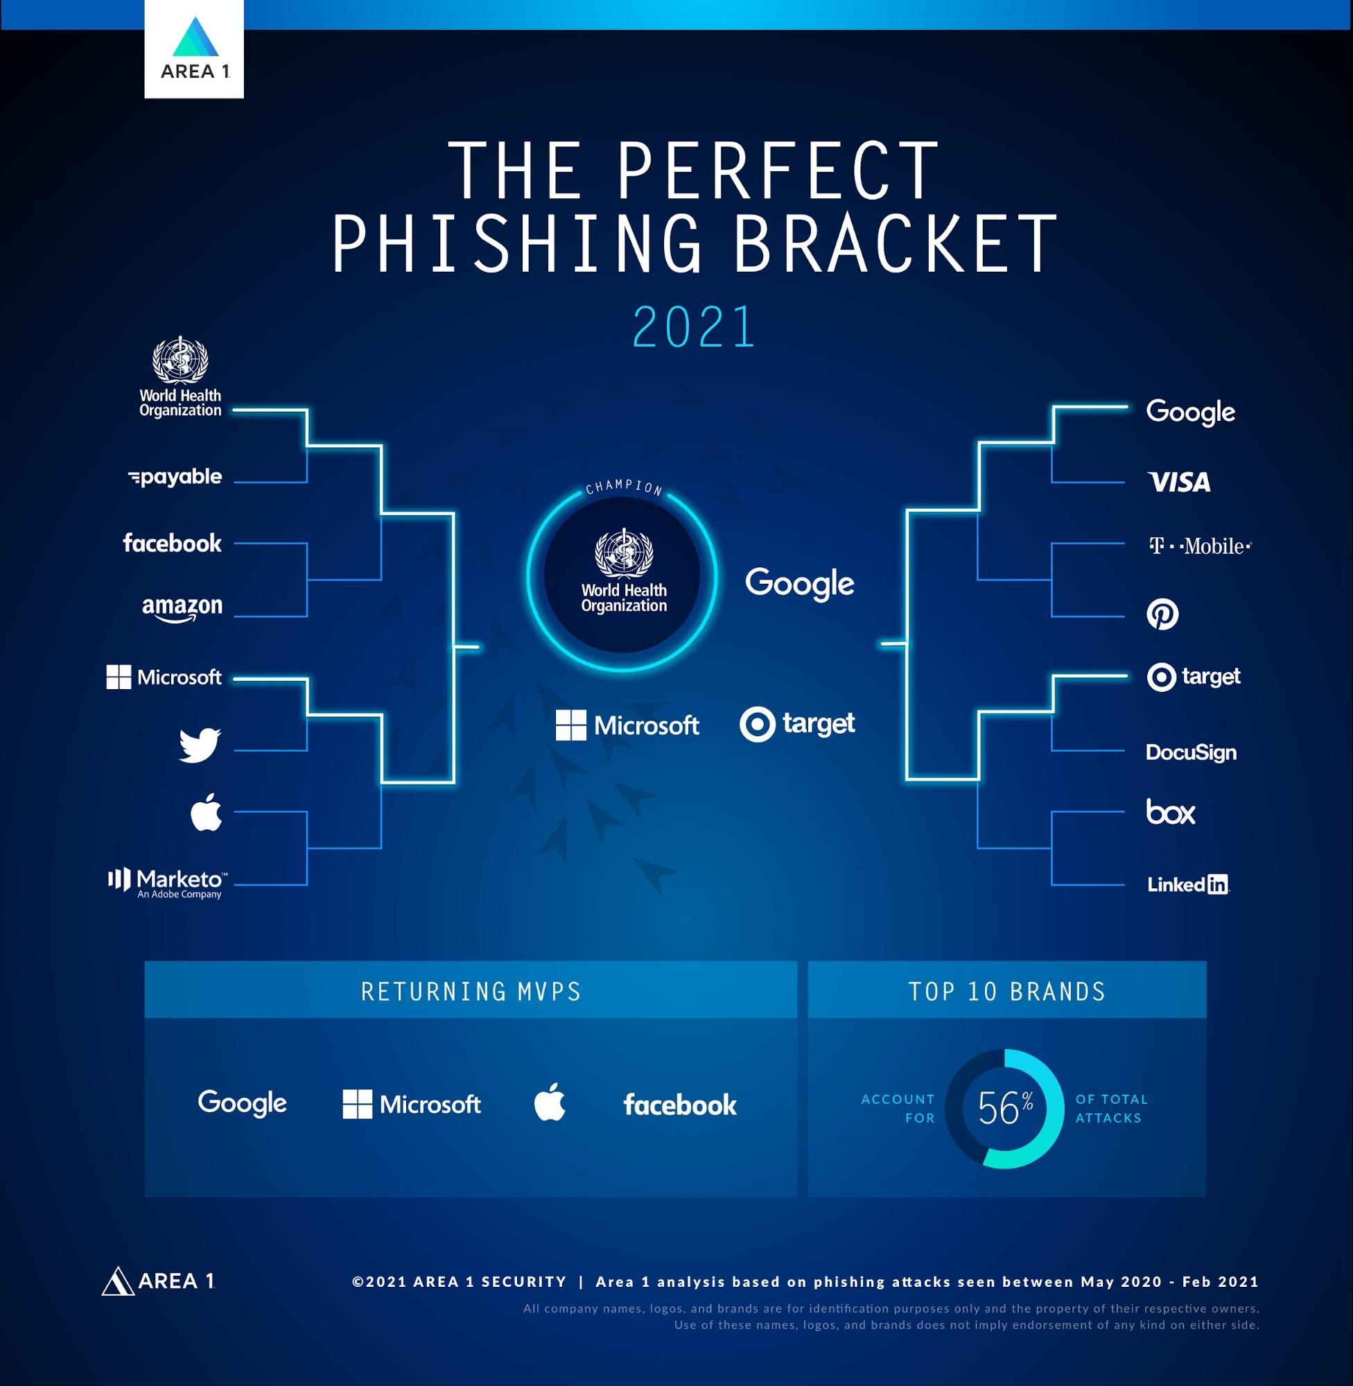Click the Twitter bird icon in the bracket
point(200,745)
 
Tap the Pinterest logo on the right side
point(1162,614)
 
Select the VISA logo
point(1179,483)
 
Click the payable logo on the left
point(175,477)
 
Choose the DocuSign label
point(1191,753)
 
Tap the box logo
point(1171,812)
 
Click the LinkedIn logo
point(1188,884)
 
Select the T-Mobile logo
point(1201,546)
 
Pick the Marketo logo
point(168,883)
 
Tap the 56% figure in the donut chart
point(1005,1107)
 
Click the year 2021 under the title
point(694,327)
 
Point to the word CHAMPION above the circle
point(624,487)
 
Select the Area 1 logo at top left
point(194,49)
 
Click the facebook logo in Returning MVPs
point(680,1105)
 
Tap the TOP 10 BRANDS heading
point(1007,991)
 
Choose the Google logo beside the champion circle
point(799,584)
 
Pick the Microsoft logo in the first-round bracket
point(164,677)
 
